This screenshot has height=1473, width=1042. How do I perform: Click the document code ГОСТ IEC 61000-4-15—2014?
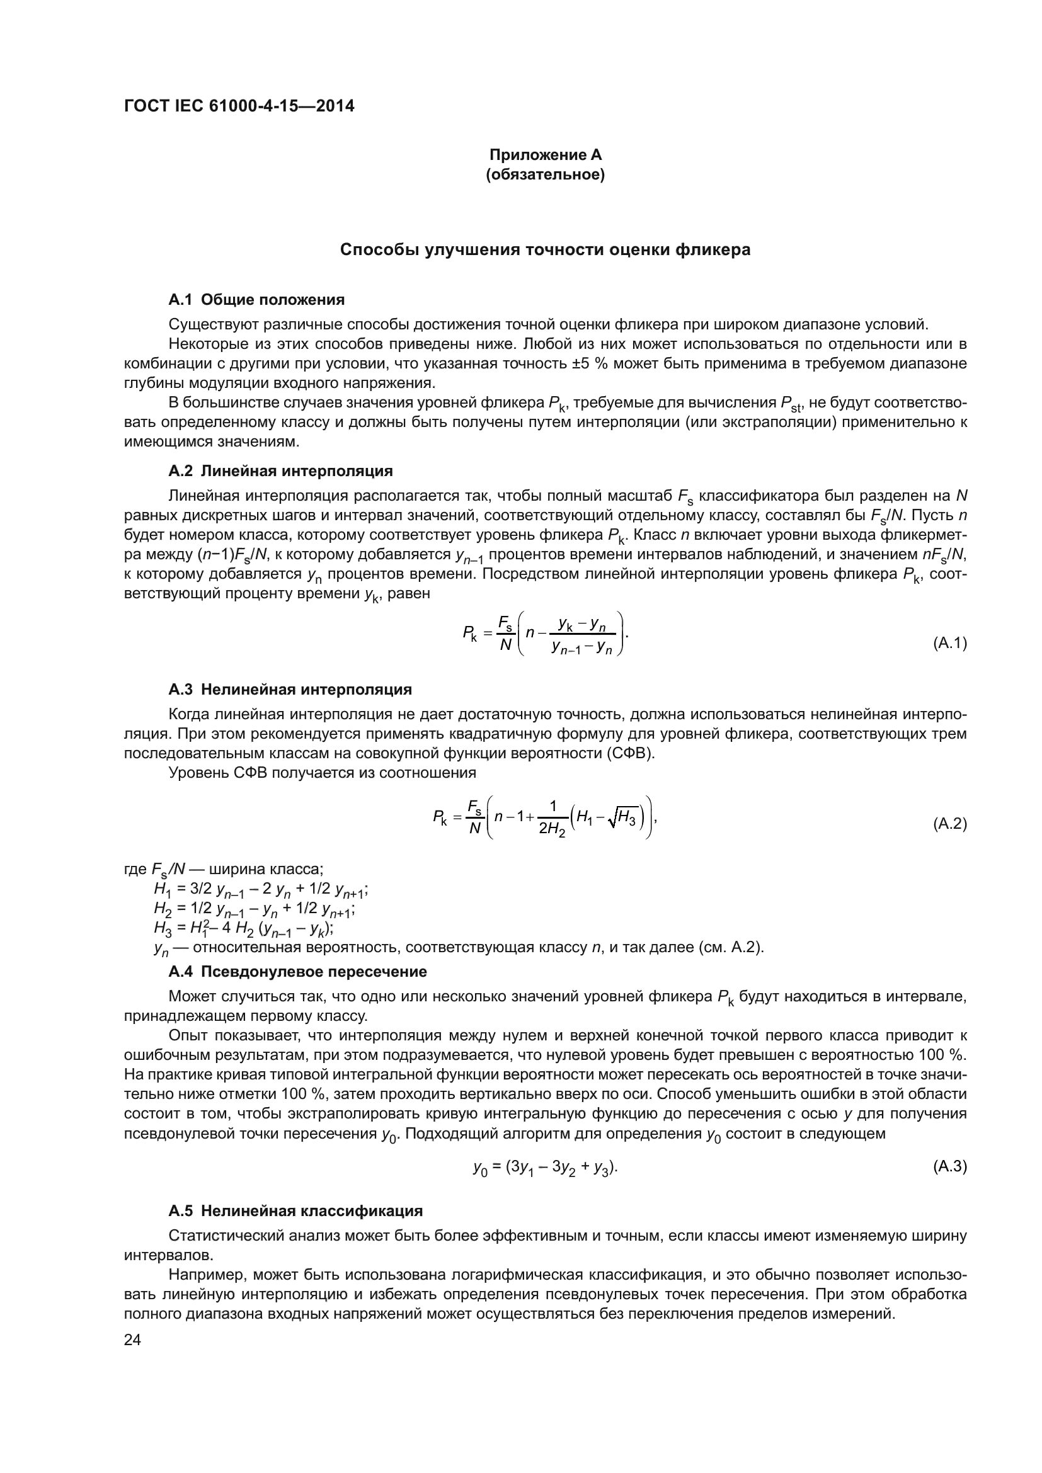(239, 106)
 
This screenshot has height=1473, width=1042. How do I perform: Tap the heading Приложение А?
(546, 155)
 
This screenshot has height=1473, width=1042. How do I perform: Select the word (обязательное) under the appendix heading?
(546, 174)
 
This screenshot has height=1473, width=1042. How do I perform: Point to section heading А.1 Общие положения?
(256, 300)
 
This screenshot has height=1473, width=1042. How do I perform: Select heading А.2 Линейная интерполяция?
(280, 471)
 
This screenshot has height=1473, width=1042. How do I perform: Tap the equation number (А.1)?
(949, 643)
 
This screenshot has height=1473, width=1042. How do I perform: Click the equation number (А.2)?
(949, 824)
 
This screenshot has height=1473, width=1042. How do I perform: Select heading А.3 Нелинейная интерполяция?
(290, 690)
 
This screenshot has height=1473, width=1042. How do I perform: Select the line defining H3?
(244, 928)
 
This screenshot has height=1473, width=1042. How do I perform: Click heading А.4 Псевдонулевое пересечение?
(298, 971)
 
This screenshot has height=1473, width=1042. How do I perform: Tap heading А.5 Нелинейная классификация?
(295, 1211)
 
